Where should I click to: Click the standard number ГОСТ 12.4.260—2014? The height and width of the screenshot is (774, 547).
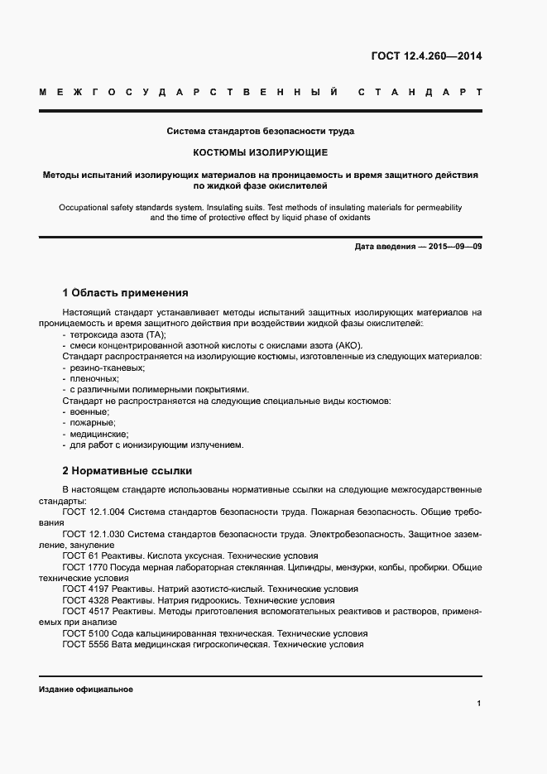(423, 57)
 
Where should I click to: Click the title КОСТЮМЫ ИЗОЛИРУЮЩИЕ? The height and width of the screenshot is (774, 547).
(261, 153)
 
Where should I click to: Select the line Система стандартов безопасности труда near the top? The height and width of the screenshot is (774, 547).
(261, 132)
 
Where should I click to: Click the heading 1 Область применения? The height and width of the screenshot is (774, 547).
(125, 293)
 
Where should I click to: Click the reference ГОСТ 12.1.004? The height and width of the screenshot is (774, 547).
(94, 512)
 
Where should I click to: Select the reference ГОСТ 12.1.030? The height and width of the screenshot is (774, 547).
(94, 534)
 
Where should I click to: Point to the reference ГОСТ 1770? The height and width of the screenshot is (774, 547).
(84, 567)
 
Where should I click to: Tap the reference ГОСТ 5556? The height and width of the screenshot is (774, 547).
(84, 644)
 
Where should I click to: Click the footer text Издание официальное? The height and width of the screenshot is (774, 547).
(86, 689)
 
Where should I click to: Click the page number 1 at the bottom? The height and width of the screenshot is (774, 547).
(479, 704)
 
